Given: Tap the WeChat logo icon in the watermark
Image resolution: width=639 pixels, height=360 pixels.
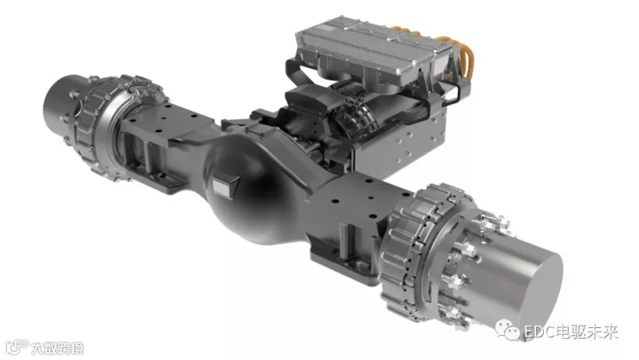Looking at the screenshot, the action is (508, 330).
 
